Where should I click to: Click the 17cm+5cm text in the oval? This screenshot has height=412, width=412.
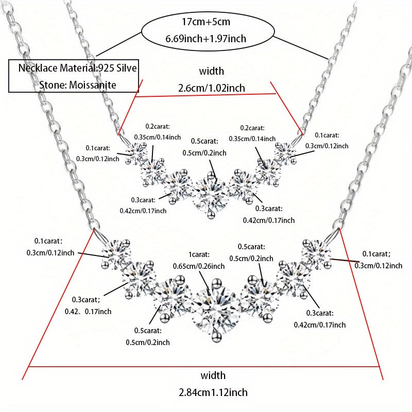(x=206, y=22)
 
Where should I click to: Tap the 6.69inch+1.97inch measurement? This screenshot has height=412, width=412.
(x=205, y=39)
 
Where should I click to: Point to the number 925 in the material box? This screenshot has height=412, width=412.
(x=106, y=68)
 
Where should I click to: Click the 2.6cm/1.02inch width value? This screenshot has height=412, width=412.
(x=212, y=88)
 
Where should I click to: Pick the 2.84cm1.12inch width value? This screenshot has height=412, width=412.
(x=213, y=392)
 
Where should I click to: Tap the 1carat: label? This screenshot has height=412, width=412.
(x=199, y=254)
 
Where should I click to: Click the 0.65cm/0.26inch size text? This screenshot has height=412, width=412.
(x=199, y=266)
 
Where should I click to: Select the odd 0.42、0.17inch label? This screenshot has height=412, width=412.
(x=88, y=312)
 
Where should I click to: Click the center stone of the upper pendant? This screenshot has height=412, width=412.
(x=210, y=194)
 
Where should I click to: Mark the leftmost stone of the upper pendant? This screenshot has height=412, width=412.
(x=136, y=152)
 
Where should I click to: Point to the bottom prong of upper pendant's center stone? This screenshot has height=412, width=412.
(x=210, y=215)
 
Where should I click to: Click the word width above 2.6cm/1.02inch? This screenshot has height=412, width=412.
(x=212, y=71)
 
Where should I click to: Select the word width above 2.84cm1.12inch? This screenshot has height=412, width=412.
(x=213, y=375)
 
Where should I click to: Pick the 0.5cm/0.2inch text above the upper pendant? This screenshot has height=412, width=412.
(x=204, y=153)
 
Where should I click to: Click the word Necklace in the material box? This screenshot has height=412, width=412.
(x=38, y=68)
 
